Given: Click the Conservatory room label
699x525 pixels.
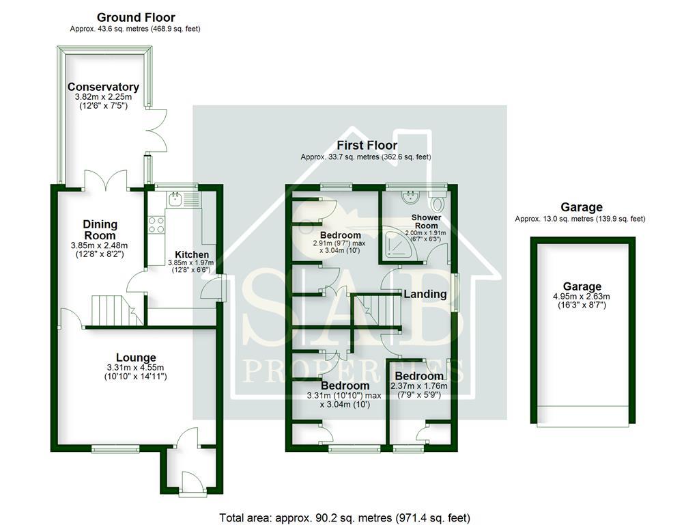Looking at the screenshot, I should pos(103,87).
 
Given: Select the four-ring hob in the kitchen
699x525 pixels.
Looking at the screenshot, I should pos(156,224).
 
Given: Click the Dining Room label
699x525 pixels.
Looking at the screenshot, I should pos(100,224).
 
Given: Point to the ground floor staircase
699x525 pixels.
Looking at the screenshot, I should pos(110,310).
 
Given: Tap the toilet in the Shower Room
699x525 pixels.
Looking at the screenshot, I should pos(438,202).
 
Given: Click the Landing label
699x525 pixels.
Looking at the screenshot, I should pos(425,294).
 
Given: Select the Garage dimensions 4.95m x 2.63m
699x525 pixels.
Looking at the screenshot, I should pos(582,297).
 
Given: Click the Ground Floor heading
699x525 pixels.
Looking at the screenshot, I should pos(136,17).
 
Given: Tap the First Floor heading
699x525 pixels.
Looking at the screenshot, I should pos(367,145).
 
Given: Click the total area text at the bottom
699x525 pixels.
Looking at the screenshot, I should pos(344,517).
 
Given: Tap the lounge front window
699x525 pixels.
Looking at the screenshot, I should pos(115,448).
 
